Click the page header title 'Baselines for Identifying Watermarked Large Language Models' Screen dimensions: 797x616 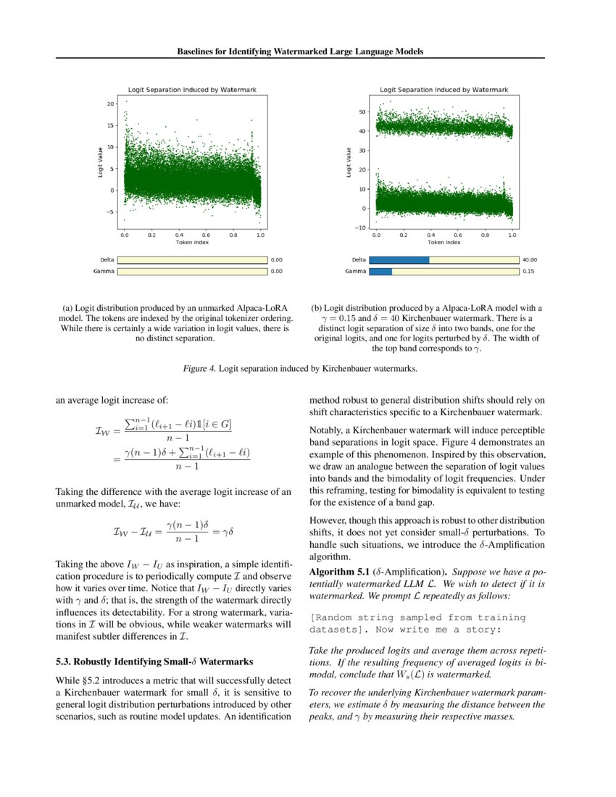pyautogui.click(x=300, y=52)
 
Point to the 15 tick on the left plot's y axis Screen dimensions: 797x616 pyautogui.click(x=111, y=125)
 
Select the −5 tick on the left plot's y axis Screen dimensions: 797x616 pyautogui.click(x=110, y=212)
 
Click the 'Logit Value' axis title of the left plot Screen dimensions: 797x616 pyautogui.click(x=101, y=162)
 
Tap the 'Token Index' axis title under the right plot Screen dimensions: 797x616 pyautogui.click(x=444, y=242)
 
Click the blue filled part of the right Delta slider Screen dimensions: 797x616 pyautogui.click(x=399, y=259)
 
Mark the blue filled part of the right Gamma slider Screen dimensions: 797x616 pyautogui.click(x=380, y=271)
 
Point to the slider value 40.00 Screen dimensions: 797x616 pyautogui.click(x=529, y=259)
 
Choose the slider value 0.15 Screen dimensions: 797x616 pyautogui.click(x=528, y=271)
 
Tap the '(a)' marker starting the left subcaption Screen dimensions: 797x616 pyautogui.click(x=69, y=308)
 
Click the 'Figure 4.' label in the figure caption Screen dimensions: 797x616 pyautogui.click(x=200, y=369)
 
